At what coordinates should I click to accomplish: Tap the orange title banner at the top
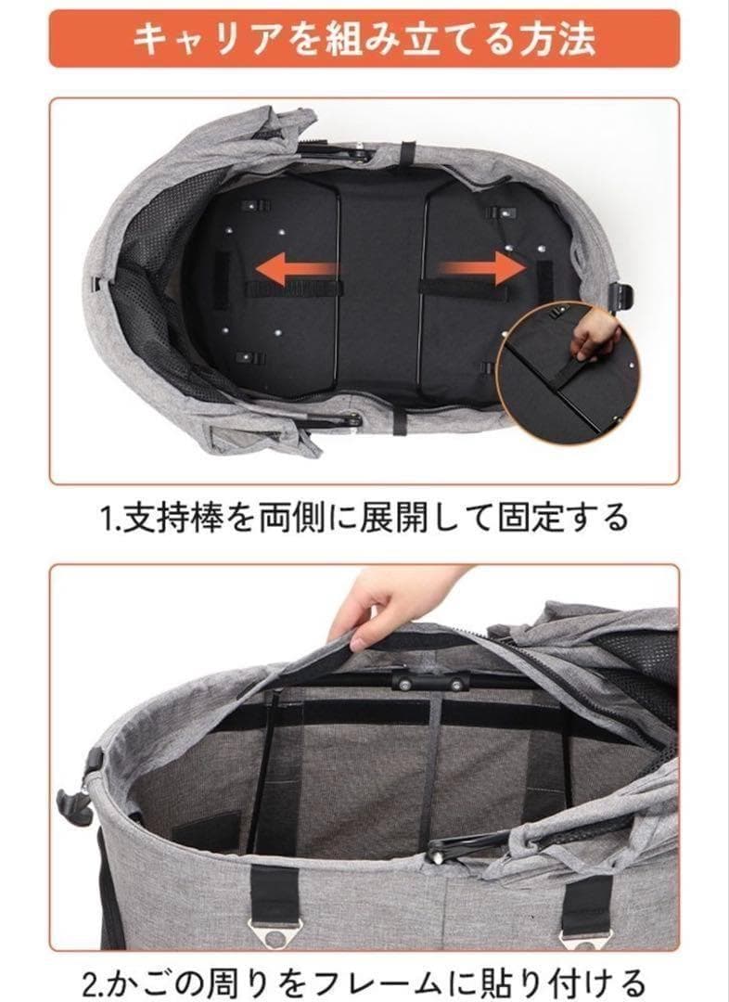coord(364,38)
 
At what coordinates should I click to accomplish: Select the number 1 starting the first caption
coord(105,518)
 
